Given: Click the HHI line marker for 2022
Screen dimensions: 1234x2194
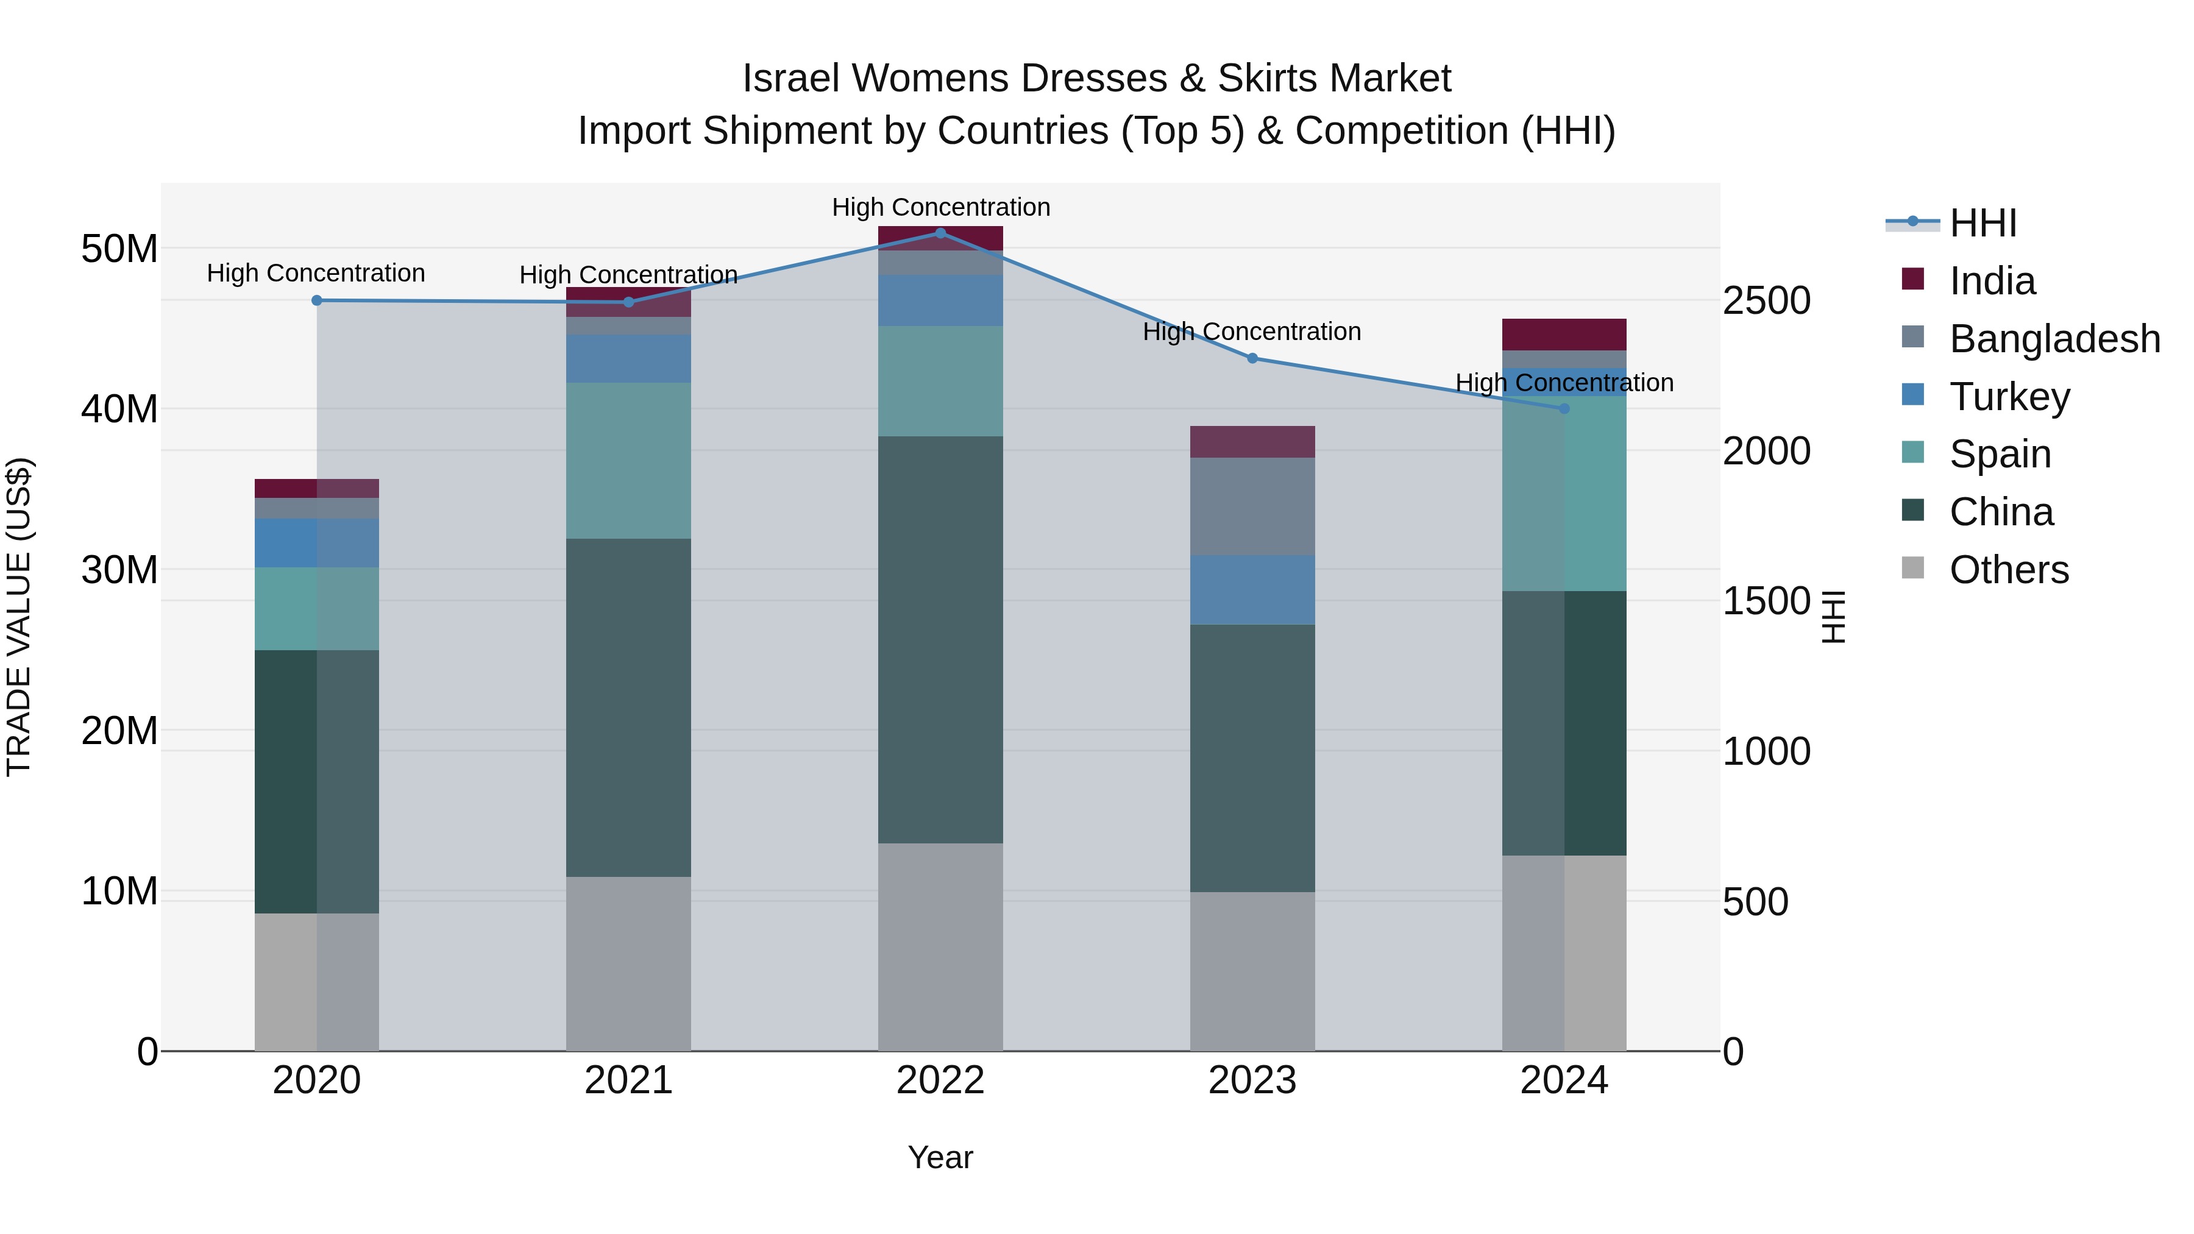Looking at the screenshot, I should coord(940,233).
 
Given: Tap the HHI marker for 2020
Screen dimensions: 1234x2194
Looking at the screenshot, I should coord(317,300).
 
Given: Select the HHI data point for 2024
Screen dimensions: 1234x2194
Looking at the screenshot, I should coord(1564,409).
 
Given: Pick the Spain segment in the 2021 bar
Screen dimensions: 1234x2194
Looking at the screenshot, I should coord(628,460).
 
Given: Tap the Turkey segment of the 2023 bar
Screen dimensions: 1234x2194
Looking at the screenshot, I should coord(1252,589).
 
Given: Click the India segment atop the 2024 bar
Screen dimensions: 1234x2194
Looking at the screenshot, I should coord(1564,334).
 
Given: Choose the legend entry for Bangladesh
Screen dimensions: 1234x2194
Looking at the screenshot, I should coord(2054,339).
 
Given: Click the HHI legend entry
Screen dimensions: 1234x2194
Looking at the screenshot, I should coord(1983,223).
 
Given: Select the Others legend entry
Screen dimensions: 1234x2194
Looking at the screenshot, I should coord(2008,570).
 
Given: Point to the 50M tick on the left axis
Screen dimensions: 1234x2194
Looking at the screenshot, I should coord(119,249).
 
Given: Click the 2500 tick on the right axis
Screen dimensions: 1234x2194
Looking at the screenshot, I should coord(1766,300).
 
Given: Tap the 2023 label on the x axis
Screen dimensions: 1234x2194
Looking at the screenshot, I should coord(1252,1080).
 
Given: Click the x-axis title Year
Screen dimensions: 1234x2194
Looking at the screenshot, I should coord(940,1157).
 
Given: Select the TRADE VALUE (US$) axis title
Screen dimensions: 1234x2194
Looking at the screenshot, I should coord(19,617).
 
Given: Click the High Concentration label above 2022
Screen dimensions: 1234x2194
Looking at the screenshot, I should coord(940,207).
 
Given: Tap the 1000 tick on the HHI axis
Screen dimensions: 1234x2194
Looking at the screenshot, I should coord(1766,751).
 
